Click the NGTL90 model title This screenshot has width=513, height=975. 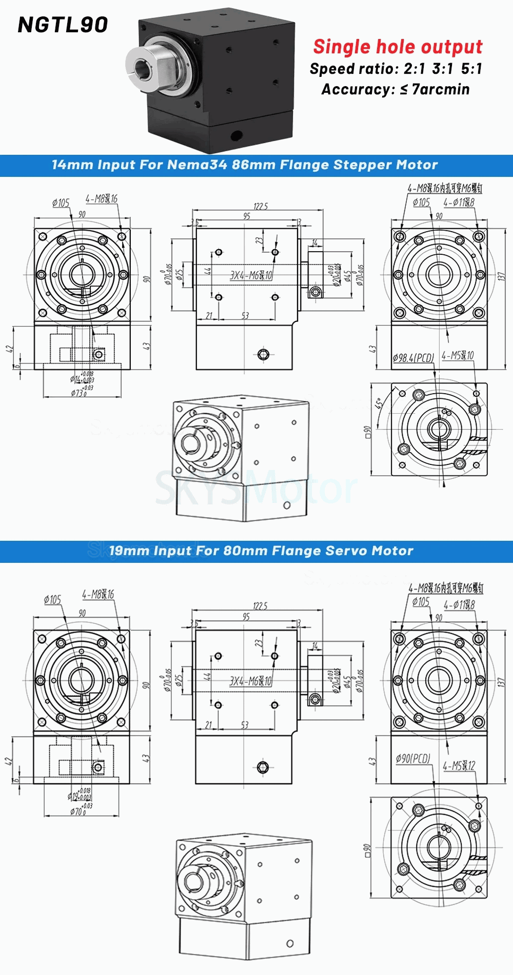63,25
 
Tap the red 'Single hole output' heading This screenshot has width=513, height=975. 398,47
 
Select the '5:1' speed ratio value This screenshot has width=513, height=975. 471,69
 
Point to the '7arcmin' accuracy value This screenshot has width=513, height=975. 441,89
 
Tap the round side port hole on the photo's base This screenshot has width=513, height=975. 236,135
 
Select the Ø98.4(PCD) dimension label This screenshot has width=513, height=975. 413,358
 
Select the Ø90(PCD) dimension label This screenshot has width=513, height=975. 413,758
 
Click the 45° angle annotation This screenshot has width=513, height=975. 379,403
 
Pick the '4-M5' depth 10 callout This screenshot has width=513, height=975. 458,355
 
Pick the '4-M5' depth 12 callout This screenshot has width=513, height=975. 459,766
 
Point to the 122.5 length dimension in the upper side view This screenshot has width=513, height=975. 261,206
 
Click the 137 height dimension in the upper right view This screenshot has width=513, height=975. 501,276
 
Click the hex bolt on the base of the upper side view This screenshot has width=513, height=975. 263,354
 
